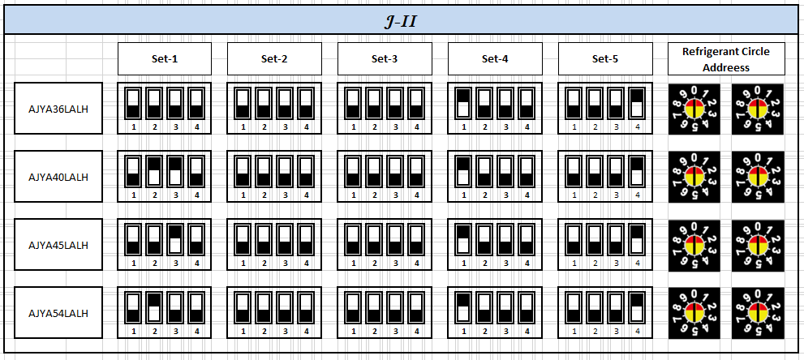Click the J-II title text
[x=401, y=21]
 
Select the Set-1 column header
[x=165, y=58]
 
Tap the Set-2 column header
[x=274, y=58]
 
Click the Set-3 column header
[x=385, y=58]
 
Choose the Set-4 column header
[x=495, y=58]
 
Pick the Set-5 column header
[x=605, y=58]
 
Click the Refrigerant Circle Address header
[x=726, y=58]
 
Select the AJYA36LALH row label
[x=58, y=108]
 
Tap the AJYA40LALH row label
[x=58, y=176]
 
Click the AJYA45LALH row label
[x=58, y=244]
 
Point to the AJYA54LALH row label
[x=58, y=312]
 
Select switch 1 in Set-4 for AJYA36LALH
[x=462, y=102]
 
